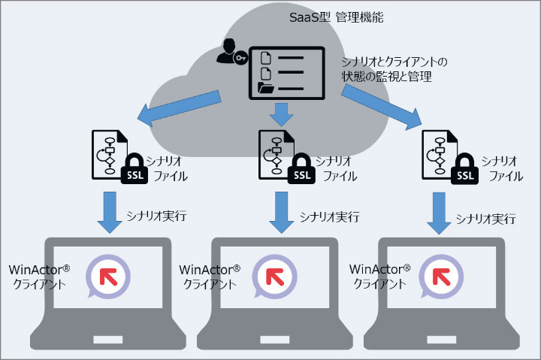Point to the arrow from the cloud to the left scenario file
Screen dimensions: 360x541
tap(177, 107)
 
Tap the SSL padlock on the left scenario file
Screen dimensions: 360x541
tap(134, 169)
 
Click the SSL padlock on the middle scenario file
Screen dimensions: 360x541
tap(301, 169)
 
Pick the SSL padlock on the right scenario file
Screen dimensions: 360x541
tap(466, 169)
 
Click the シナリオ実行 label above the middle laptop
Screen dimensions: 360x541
tap(326, 216)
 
